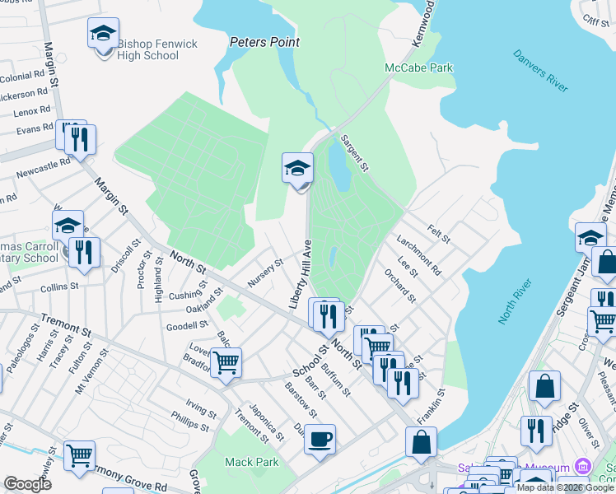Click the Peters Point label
coord(264,42)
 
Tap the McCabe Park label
coord(418,68)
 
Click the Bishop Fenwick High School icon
coord(104,37)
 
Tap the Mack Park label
coord(251,462)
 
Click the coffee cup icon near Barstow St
coord(320,439)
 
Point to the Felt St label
coord(439,233)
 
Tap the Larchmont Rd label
coord(418,254)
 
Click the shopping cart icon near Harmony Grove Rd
coord(79,455)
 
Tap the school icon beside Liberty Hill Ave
coord(297,170)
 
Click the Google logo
coord(28,483)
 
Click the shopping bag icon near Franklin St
coord(421,442)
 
